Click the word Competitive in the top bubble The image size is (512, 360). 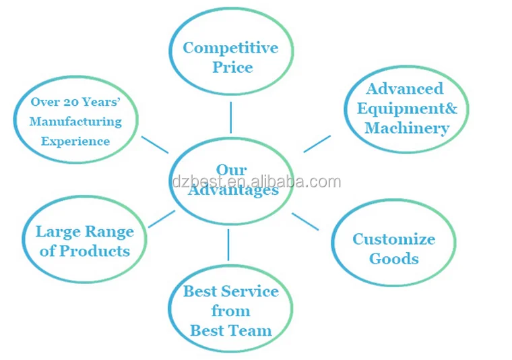click(230, 48)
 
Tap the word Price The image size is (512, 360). click(232, 67)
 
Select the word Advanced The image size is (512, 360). click(404, 89)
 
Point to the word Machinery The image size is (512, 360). click(406, 128)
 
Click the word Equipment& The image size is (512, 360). click(406, 109)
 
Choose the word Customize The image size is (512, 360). click(393, 239)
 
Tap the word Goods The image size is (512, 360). click(394, 259)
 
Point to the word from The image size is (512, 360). click(230, 311)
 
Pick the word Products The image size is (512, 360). click(94, 251)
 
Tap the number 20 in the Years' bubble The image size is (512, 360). click(71, 102)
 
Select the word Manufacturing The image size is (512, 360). click(75, 122)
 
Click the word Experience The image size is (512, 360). click(75, 142)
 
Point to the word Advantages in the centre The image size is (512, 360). click(233, 191)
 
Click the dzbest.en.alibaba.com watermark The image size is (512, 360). click(256, 181)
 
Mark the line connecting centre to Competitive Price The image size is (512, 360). click(230, 117)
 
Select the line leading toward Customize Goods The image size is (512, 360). click(305, 222)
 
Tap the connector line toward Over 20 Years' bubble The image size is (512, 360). click(155, 144)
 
